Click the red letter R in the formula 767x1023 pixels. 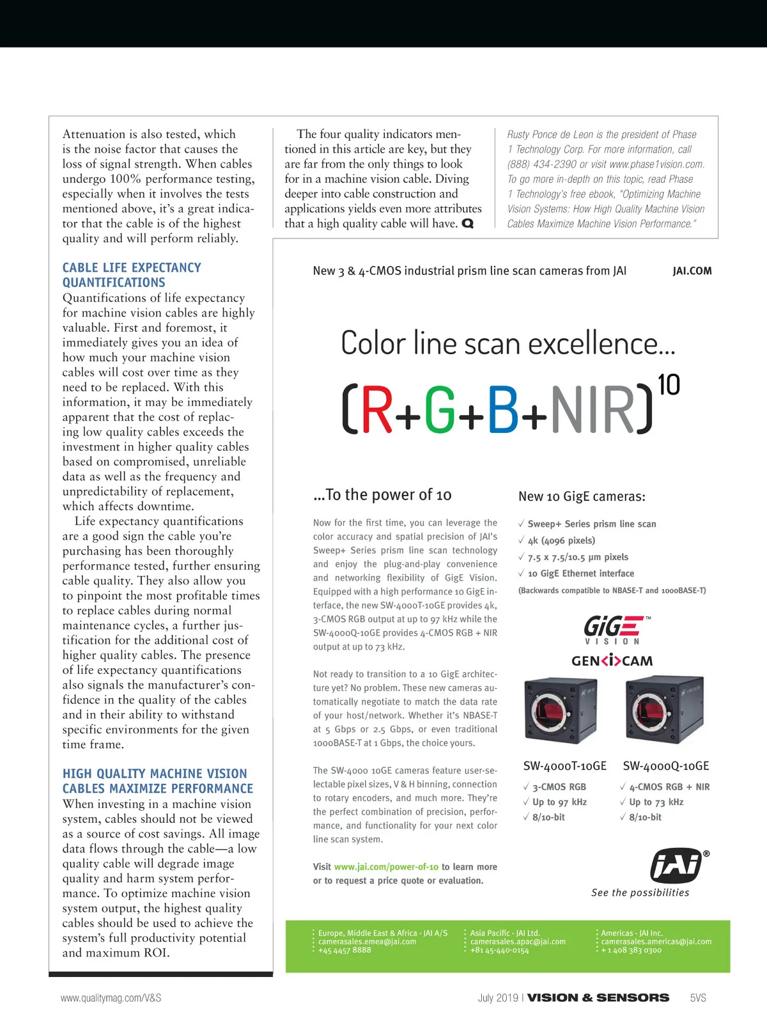click(x=377, y=410)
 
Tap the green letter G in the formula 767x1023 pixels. click(x=439, y=410)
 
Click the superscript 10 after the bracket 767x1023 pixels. click(x=669, y=385)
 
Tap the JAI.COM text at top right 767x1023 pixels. click(x=692, y=271)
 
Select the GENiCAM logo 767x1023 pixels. click(x=612, y=660)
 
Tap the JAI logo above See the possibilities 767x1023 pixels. click(x=676, y=866)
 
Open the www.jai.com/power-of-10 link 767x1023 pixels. click(x=386, y=867)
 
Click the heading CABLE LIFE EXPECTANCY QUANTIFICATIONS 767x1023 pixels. click(x=132, y=275)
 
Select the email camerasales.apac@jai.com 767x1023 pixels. click(x=518, y=942)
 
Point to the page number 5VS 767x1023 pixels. click(x=698, y=998)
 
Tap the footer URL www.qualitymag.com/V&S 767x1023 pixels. click(x=111, y=998)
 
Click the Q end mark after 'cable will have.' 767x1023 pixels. click(x=468, y=224)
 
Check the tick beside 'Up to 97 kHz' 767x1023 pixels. click(x=526, y=802)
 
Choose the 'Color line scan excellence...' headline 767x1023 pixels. click(x=507, y=343)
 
